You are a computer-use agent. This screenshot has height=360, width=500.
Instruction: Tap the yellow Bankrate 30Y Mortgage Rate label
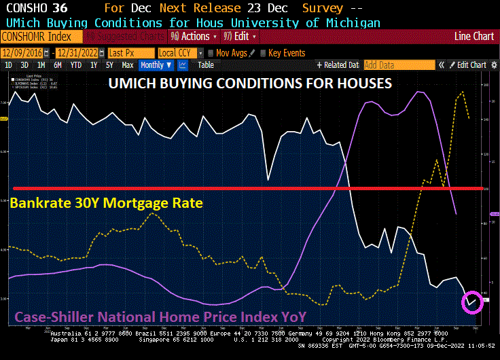click(x=106, y=202)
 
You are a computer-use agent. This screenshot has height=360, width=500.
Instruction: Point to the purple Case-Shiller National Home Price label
click(x=160, y=317)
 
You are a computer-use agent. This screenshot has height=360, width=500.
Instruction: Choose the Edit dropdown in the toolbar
click(x=241, y=36)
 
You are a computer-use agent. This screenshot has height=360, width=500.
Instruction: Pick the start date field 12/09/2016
click(x=21, y=52)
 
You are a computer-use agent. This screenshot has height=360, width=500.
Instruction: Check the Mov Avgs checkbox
click(x=212, y=52)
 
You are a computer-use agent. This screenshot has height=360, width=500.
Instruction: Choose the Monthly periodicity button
click(x=155, y=65)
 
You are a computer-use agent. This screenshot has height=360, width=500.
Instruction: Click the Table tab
click(x=206, y=65)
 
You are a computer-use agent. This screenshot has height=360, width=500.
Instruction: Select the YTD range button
click(x=76, y=65)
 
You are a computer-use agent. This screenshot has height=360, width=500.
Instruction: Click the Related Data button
click(x=338, y=65)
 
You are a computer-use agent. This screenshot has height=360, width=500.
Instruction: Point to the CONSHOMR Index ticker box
click(x=42, y=37)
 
